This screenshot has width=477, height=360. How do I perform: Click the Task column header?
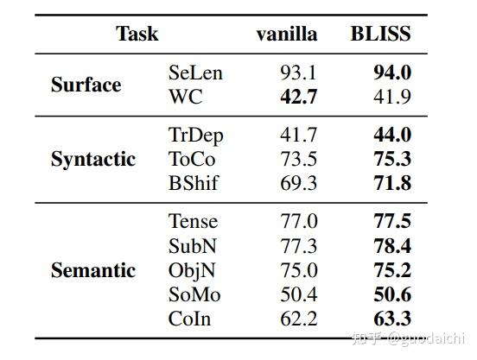click(x=137, y=34)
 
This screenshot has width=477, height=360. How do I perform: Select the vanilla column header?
click(x=286, y=34)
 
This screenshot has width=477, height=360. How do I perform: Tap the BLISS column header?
click(x=380, y=34)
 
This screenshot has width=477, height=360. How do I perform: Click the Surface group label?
click(x=86, y=85)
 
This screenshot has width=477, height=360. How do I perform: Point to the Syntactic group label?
click(x=93, y=159)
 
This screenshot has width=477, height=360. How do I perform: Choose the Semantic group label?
click(x=93, y=270)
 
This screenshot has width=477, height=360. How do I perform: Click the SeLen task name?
click(x=195, y=73)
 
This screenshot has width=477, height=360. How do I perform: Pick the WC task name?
click(x=186, y=97)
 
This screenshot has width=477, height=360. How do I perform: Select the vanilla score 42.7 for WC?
click(x=298, y=97)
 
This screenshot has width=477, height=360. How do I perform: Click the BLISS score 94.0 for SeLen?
click(x=391, y=73)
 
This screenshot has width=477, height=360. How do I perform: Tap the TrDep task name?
click(x=195, y=135)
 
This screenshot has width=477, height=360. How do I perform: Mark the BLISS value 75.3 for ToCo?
click(x=391, y=159)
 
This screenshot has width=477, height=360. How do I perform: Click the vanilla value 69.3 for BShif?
click(x=298, y=183)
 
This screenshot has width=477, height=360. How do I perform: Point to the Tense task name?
click(x=193, y=222)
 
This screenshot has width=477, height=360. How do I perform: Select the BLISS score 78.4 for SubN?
click(x=391, y=246)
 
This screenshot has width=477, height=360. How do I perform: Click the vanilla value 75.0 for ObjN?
click(x=298, y=270)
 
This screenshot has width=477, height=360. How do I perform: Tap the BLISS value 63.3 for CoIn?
click(x=391, y=319)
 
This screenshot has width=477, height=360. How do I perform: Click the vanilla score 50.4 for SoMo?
click(x=298, y=294)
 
